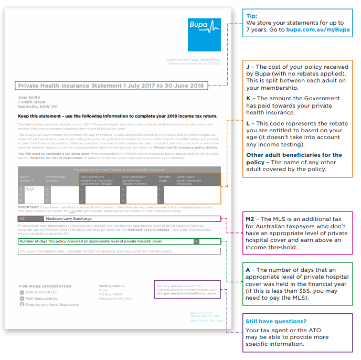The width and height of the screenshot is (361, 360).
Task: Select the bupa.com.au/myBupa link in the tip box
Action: pyautogui.click(x=317, y=30)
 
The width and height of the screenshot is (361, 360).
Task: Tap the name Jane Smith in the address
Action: pyautogui.click(x=29, y=97)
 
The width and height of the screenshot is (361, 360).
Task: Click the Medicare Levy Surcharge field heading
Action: pyautogui.click(x=68, y=218)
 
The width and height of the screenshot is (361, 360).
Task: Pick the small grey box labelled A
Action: pyautogui.click(x=196, y=241)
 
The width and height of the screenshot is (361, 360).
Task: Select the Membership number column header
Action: pyautogui.click(x=55, y=179)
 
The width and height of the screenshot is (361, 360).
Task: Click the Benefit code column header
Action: pyautogui.click(x=165, y=179)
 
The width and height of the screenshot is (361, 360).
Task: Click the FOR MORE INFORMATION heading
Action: pyautogui.click(x=45, y=287)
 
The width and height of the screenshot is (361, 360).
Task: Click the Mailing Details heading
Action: pyautogui.click(x=111, y=286)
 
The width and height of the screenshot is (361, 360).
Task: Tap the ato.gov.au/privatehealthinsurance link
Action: pyautogui.click(x=186, y=293)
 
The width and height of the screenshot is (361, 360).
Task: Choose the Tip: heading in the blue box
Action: pyautogui.click(x=252, y=16)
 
